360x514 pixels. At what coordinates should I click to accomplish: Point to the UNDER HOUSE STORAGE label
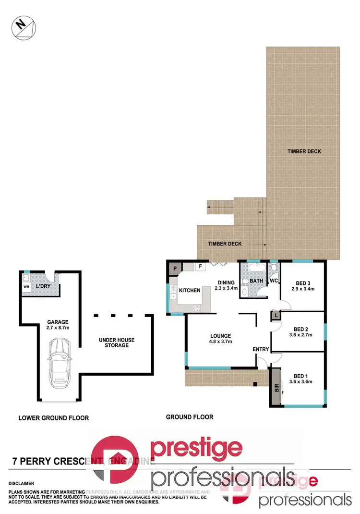(117, 343)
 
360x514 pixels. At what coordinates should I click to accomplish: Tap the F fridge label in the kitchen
(200, 266)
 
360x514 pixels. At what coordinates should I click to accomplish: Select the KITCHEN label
(190, 291)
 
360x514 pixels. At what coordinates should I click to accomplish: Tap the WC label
(274, 280)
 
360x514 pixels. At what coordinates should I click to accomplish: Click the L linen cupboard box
(276, 316)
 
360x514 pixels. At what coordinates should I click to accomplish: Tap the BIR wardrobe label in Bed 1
(276, 388)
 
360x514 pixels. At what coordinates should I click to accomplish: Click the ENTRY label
(261, 349)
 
